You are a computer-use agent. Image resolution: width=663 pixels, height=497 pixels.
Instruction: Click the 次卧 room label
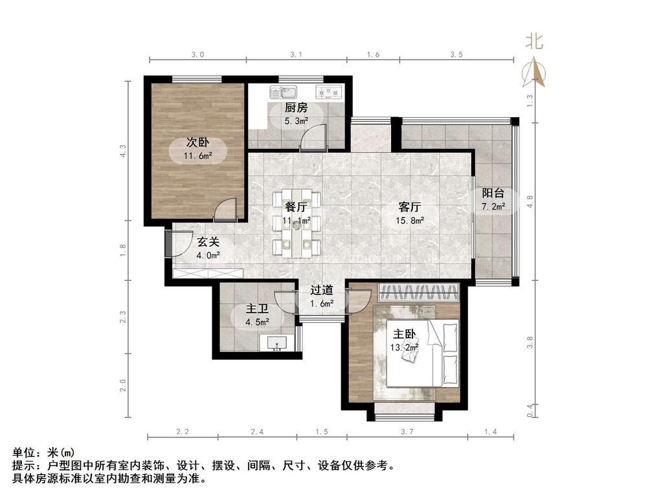[197, 143]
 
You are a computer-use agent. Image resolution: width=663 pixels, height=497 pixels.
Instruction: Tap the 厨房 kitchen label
[295, 108]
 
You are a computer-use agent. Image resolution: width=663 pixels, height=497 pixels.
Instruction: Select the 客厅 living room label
[409, 207]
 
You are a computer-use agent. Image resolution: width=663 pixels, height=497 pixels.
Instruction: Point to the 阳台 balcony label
[493, 193]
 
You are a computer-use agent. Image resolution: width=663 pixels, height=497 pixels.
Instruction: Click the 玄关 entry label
[208, 242]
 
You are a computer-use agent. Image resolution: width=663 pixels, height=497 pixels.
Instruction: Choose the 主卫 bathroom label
[257, 309]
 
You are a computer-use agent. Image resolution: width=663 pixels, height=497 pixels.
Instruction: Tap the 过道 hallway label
[322, 291]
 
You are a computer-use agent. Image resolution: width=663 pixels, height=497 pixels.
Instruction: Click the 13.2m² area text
[404, 348]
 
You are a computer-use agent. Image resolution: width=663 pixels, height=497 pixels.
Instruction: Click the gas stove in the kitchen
[328, 92]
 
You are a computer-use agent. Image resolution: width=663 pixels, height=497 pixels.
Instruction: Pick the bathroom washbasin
[278, 343]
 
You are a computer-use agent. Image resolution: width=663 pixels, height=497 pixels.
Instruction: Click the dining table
[297, 223]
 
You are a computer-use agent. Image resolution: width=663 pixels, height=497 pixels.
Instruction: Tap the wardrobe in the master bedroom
[419, 292]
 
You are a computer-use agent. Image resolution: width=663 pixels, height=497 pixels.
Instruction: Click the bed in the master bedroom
[423, 353]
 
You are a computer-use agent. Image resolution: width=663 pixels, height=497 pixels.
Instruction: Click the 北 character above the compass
[534, 41]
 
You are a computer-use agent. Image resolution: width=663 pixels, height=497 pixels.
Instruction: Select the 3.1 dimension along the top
[296, 54]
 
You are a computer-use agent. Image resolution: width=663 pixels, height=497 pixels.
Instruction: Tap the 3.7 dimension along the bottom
[407, 432]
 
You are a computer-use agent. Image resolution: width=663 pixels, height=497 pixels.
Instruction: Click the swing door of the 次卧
[225, 210]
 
